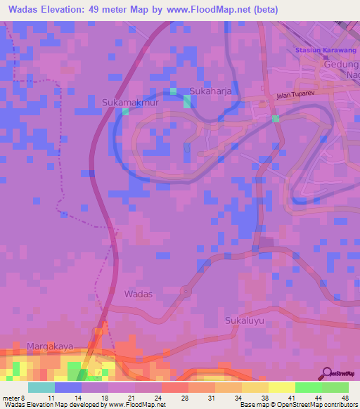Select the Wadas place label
(137, 293)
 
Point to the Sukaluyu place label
(243, 320)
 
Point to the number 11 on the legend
(51, 397)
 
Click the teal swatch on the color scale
(41, 387)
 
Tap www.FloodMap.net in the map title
(217, 10)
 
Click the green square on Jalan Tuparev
(276, 118)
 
